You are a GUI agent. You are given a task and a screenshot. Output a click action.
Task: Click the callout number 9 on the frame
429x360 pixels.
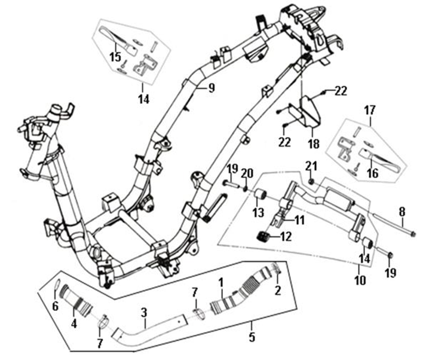[212, 89]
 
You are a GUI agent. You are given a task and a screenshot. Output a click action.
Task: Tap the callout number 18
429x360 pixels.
[312, 145]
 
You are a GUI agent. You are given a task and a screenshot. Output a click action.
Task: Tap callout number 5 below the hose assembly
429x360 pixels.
[252, 337]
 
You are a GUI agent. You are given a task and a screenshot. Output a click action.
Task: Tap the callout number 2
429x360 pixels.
[277, 291]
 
